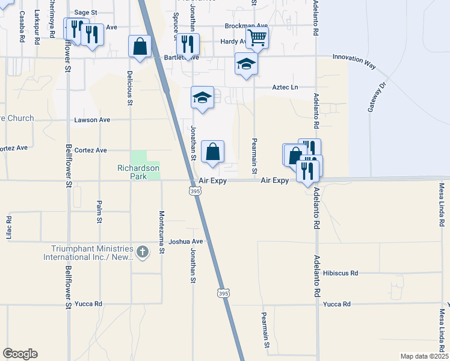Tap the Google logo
pos(20,354)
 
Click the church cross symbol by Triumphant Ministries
pos(142,251)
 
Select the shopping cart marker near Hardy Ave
pos(257,37)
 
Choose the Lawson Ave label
pos(92,120)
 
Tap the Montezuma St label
pos(161,231)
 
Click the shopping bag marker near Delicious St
pos(140,47)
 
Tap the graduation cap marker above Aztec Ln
pos(246,64)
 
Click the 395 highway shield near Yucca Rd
pos(223,293)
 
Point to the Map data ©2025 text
pos(424,356)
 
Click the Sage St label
pos(86,12)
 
